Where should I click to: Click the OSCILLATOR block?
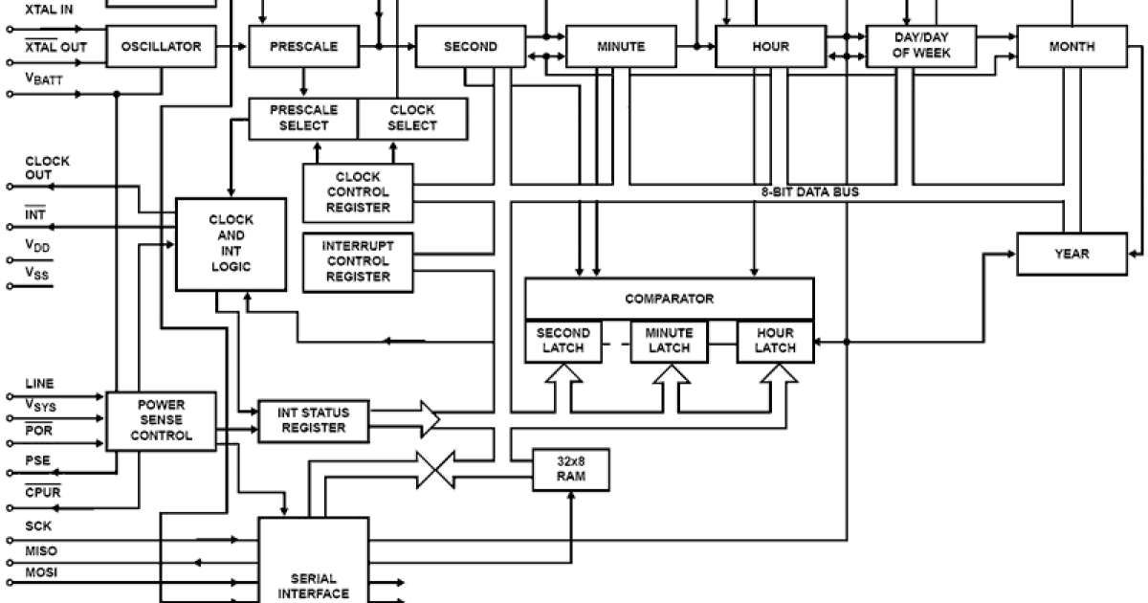(x=161, y=47)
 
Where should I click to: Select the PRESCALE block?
(x=302, y=47)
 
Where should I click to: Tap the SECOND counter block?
(x=470, y=47)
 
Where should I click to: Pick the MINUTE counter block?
(x=620, y=47)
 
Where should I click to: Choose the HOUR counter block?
(x=770, y=47)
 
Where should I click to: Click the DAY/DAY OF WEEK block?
(x=920, y=47)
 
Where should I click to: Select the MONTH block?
(x=1071, y=47)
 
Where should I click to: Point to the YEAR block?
(x=1071, y=254)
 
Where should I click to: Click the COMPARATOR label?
(x=669, y=299)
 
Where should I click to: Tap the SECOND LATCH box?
(x=563, y=341)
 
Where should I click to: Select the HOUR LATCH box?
(x=774, y=341)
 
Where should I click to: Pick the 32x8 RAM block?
(x=570, y=469)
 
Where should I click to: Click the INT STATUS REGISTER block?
(x=314, y=421)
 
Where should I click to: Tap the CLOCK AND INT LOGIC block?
(x=231, y=244)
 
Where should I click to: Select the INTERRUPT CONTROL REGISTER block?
(x=359, y=261)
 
